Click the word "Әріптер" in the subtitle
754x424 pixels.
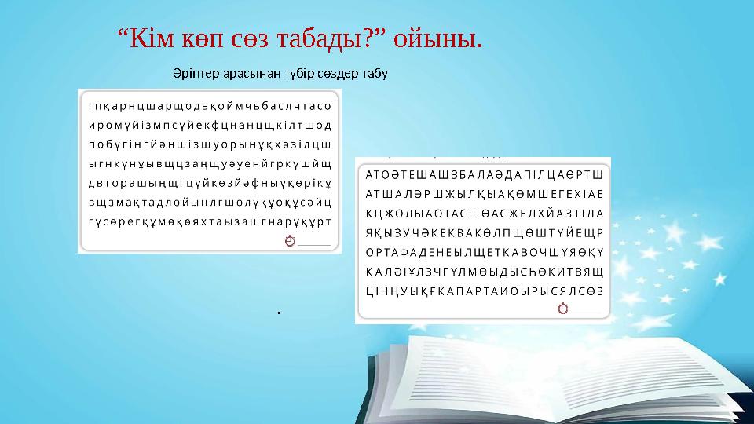point(196,75)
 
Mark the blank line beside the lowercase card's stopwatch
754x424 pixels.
point(314,243)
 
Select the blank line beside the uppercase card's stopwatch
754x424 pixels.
point(587,313)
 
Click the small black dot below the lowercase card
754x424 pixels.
point(279,314)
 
